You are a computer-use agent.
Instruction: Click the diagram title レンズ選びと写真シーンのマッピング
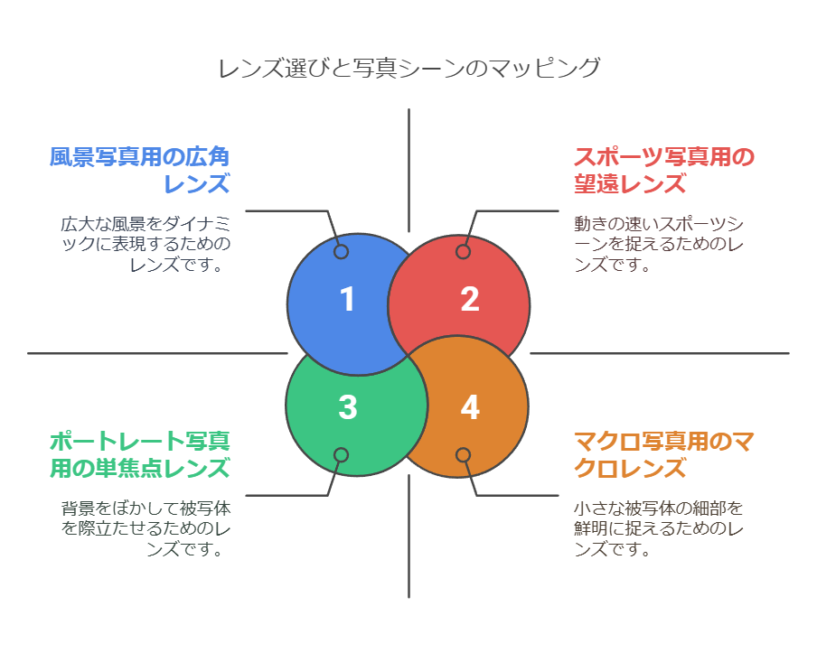408,69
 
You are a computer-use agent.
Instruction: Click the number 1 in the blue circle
348,300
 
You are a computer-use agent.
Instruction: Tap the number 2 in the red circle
469,300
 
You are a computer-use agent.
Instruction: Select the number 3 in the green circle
348,407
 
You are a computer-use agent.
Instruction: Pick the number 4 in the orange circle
469,407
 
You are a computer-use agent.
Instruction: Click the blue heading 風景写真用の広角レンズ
139,171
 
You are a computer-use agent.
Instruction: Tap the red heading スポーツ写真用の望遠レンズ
663,171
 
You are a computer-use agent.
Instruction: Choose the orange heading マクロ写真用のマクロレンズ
663,455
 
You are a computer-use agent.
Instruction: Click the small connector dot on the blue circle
341,252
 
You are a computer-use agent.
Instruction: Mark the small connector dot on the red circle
463,252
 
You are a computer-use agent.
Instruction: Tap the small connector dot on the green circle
341,455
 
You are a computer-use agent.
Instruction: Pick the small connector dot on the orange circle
463,455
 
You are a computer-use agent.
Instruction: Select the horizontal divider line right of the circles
660,353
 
